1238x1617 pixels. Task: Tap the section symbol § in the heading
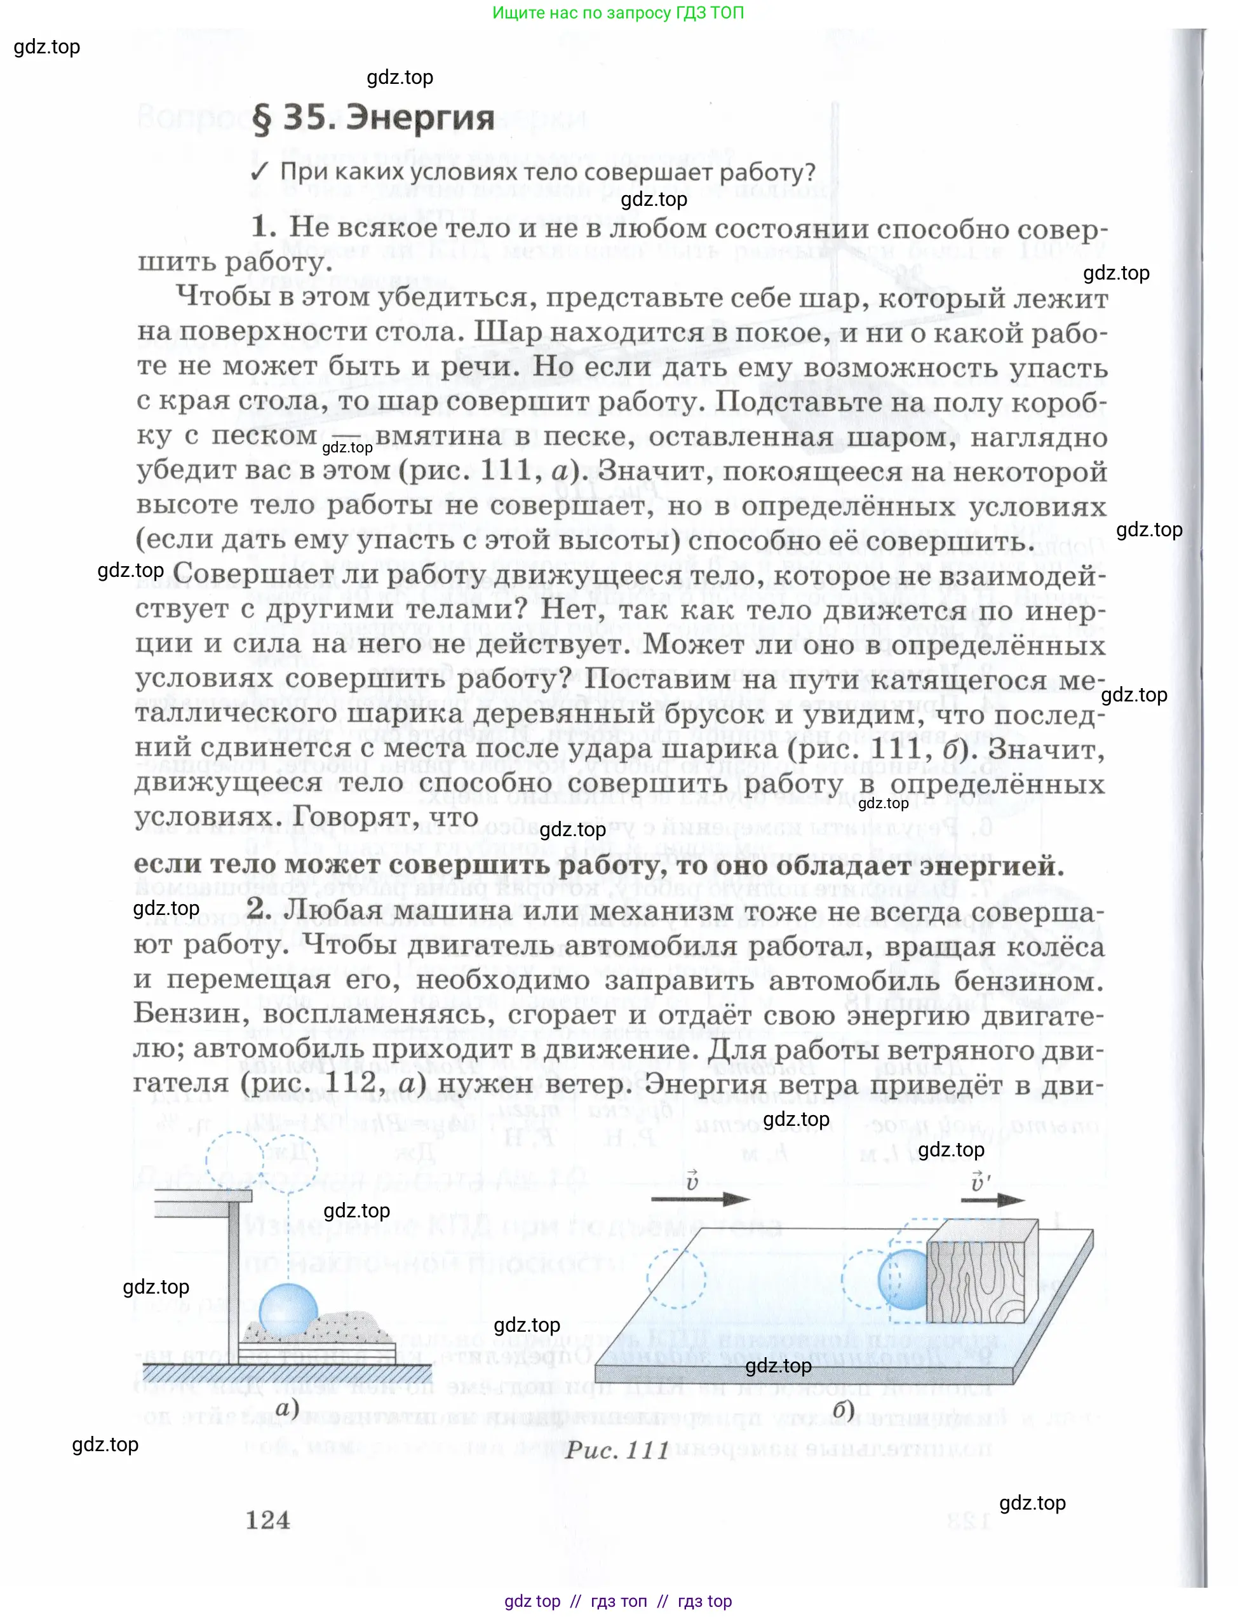click(x=262, y=119)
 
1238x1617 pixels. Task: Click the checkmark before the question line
click(x=259, y=172)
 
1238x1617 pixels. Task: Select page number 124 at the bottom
click(x=267, y=1520)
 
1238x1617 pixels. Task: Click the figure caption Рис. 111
click(x=617, y=1450)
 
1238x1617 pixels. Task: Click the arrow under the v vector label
click(x=699, y=1199)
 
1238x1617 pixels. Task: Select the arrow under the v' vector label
click(x=992, y=1200)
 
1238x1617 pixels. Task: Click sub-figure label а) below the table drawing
click(x=287, y=1408)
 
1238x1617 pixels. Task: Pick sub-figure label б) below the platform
click(x=843, y=1409)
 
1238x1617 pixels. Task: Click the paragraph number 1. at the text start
click(x=264, y=227)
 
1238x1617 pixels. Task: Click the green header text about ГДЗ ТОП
click(x=617, y=13)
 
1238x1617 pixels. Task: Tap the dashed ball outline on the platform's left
click(x=676, y=1279)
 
